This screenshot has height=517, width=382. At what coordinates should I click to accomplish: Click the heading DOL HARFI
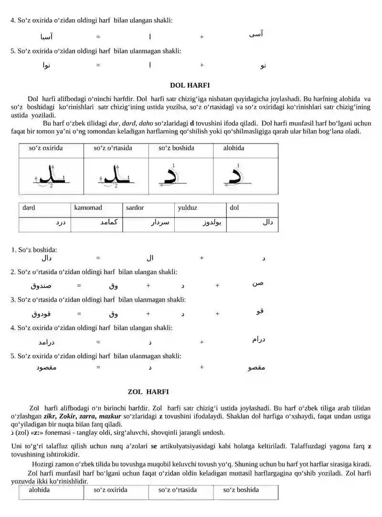(190, 85)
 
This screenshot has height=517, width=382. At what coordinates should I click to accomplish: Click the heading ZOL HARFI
(148, 392)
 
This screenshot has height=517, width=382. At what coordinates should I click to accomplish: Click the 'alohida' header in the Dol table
(233, 148)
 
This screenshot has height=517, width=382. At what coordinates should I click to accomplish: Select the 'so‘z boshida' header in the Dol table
(176, 148)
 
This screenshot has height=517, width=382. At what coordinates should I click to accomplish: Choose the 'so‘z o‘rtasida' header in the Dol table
(113, 148)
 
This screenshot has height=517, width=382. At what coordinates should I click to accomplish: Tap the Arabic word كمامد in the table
(109, 223)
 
